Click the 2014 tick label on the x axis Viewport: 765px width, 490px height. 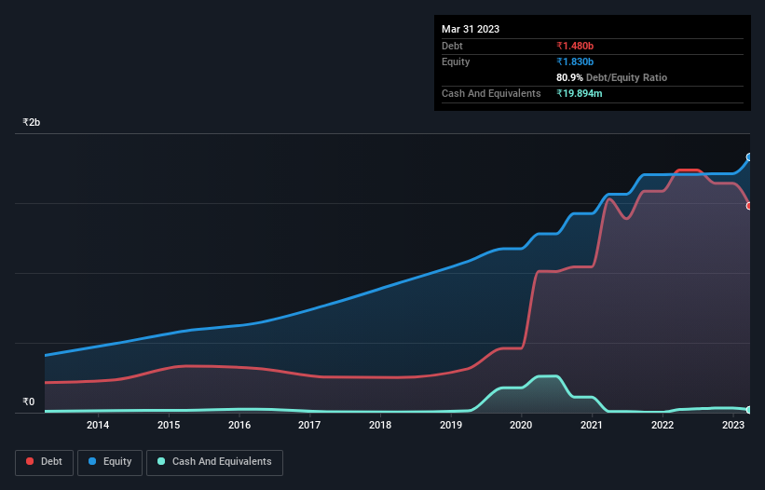98,425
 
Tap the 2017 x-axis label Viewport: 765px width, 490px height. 309,425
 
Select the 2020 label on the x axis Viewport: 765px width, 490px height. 521,425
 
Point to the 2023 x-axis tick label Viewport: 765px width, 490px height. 732,425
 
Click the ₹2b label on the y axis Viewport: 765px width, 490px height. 32,123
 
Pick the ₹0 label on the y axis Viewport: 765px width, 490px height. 29,402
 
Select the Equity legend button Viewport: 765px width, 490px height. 110,461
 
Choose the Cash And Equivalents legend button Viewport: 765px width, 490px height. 214,461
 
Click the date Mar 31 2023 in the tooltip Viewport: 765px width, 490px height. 471,29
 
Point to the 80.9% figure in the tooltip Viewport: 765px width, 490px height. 570,77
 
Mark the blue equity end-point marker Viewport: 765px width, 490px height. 749,157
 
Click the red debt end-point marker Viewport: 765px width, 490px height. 749,206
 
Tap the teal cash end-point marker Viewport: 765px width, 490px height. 749,410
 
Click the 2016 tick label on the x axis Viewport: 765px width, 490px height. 239,425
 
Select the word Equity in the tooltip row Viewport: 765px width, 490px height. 457,61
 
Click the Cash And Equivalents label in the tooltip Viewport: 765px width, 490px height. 491,93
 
